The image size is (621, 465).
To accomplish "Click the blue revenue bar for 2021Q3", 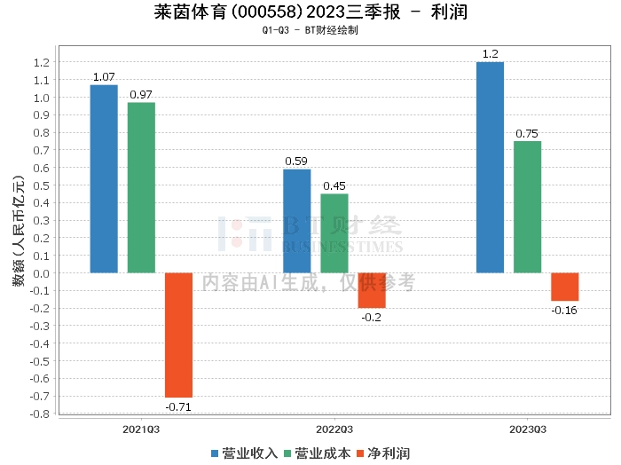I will click(x=104, y=178).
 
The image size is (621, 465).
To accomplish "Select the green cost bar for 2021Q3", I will click(x=141, y=187).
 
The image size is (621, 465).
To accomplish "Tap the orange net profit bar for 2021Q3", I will click(x=178, y=335).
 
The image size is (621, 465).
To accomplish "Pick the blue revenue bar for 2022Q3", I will click(x=296, y=221).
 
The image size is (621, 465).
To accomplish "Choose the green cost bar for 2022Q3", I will click(x=334, y=233).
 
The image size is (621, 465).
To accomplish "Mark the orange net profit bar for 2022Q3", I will click(x=372, y=290).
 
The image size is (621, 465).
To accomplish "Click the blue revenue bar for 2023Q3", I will click(x=490, y=167).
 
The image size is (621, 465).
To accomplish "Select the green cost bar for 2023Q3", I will click(x=527, y=207).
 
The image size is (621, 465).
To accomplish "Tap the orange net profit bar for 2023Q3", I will click(x=564, y=287).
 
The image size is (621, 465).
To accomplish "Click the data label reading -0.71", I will click(x=178, y=407).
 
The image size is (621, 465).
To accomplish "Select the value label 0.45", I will click(x=334, y=186).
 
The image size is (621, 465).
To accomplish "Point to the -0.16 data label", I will click(x=564, y=310).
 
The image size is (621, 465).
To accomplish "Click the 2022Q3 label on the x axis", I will click(x=334, y=429).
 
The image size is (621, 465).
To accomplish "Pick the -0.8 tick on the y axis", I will click(x=40, y=414).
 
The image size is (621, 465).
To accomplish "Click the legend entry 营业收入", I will click(x=244, y=453).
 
